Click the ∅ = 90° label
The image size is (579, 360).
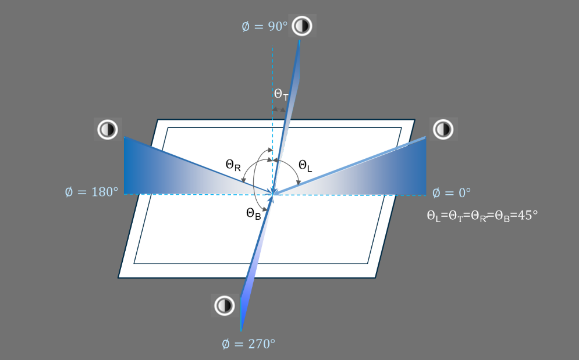264,27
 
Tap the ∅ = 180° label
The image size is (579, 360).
91,191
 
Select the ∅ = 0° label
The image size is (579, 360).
451,193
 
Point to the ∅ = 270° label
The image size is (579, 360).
248,344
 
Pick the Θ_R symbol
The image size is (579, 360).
233,165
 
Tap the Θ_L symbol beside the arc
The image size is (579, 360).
305,166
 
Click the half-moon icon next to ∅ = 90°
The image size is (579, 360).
302,26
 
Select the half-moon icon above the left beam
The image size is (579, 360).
107,129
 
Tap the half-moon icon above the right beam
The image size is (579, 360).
443,129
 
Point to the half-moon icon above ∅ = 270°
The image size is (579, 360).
224,305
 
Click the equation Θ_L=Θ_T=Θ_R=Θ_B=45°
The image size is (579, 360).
482,216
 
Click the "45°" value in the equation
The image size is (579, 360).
527,215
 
